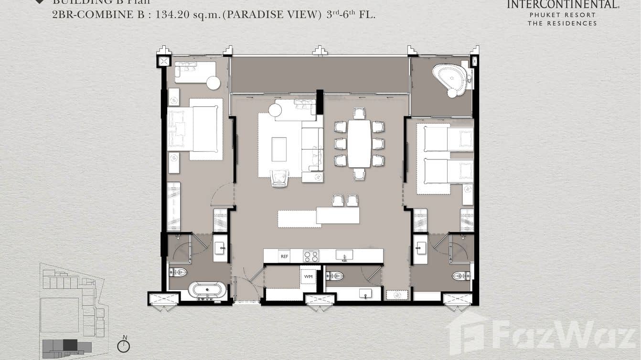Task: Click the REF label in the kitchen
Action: coord(284,256)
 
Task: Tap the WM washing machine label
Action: coord(308,276)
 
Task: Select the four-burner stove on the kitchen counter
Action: coord(311,256)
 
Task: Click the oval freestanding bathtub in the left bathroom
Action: coord(207,290)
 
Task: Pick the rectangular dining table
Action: coord(359,143)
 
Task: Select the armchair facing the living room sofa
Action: coord(279,178)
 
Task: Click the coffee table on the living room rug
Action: coord(279,149)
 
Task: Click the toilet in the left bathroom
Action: coord(178,273)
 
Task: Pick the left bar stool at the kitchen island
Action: coord(338,201)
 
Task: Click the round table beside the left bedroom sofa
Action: coord(214,83)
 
